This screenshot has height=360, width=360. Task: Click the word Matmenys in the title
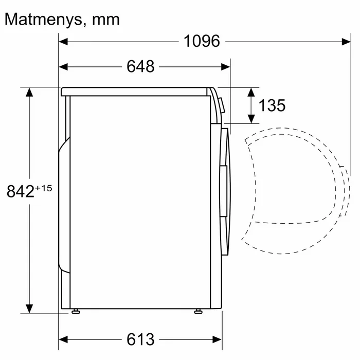[x=43, y=20]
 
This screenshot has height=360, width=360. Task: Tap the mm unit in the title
[x=106, y=21]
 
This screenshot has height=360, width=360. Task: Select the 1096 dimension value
[x=202, y=41]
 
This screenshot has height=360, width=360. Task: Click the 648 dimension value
[x=140, y=66]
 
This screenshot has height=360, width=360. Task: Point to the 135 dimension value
[x=272, y=105]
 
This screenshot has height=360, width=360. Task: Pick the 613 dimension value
[x=140, y=339]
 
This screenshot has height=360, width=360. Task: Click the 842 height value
[x=21, y=191]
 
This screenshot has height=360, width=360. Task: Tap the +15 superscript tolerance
[x=44, y=188]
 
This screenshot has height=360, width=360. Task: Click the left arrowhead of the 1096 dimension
[x=63, y=42]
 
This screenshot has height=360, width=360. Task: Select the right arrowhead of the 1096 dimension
[x=346, y=42]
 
